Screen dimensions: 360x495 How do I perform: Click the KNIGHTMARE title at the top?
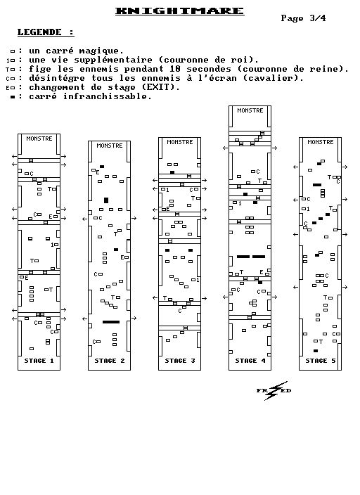[x=180, y=11]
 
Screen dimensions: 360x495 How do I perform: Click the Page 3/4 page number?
[x=303, y=18]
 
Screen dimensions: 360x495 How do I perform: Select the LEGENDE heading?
[x=46, y=32]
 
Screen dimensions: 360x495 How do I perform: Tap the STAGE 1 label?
[x=39, y=361]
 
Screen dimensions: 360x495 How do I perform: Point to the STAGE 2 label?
[x=110, y=361]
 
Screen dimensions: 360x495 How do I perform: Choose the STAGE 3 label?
[x=180, y=361]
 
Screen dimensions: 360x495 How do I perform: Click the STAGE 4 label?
[x=250, y=361]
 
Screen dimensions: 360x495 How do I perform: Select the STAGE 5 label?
[x=320, y=361]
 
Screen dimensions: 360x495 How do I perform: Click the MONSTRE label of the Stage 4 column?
[x=250, y=110]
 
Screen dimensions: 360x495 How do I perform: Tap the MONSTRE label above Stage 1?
[x=39, y=139]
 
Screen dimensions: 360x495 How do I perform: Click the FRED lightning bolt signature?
[x=274, y=390]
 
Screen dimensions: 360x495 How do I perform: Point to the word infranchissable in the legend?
[x=105, y=96]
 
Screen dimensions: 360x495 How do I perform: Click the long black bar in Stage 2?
[x=111, y=322]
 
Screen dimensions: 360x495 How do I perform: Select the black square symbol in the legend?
[x=13, y=97]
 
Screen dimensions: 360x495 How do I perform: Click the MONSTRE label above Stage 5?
[x=321, y=142]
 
